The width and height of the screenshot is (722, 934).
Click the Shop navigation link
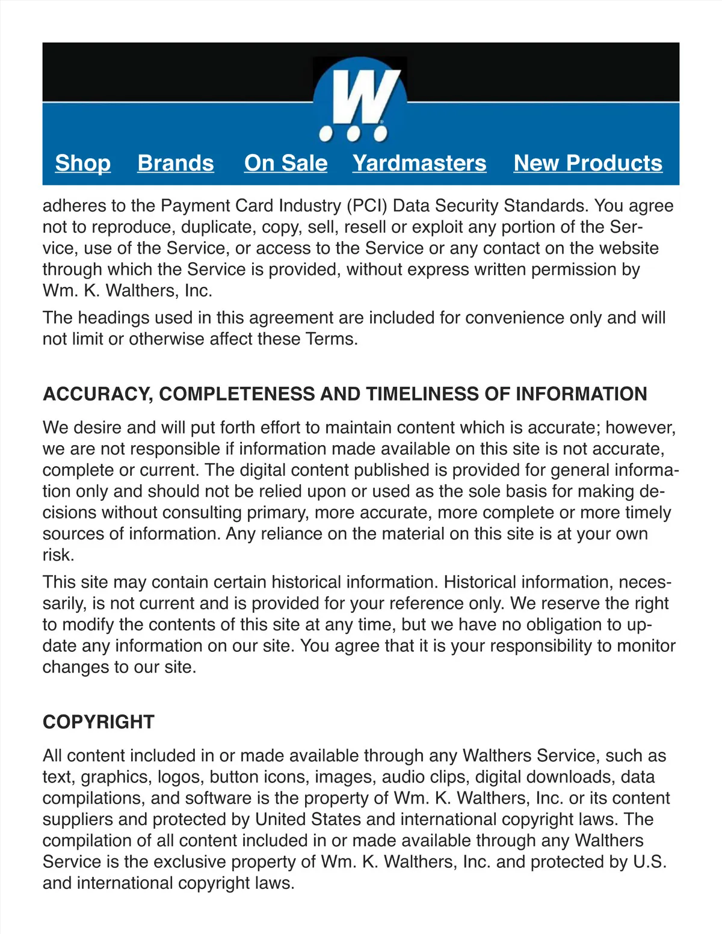point(83,163)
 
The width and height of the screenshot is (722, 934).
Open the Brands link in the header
point(176,163)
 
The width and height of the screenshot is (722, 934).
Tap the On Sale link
point(286,163)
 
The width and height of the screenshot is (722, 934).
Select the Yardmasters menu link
point(419,163)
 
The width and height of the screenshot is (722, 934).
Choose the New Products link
point(588,163)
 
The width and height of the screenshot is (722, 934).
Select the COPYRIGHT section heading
point(99,722)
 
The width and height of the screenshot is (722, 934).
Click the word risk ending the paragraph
point(58,555)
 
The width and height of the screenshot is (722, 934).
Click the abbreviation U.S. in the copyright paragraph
point(650,862)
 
